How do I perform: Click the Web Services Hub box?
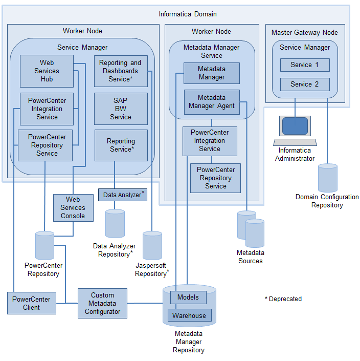[47, 71]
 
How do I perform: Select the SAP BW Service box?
[121, 109]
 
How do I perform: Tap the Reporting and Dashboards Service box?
[121, 71]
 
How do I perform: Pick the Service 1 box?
[305, 65]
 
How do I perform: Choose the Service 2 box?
[305, 84]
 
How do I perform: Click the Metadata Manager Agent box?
[212, 102]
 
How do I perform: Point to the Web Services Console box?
[73, 207]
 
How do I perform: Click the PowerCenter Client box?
[31, 303]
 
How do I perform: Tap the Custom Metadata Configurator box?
[102, 303]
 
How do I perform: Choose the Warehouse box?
[189, 315]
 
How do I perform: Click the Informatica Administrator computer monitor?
[295, 126]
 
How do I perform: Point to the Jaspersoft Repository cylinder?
[152, 245]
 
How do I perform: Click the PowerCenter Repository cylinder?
[44, 245]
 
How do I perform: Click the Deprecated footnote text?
[283, 299]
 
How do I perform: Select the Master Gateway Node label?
[305, 33]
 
